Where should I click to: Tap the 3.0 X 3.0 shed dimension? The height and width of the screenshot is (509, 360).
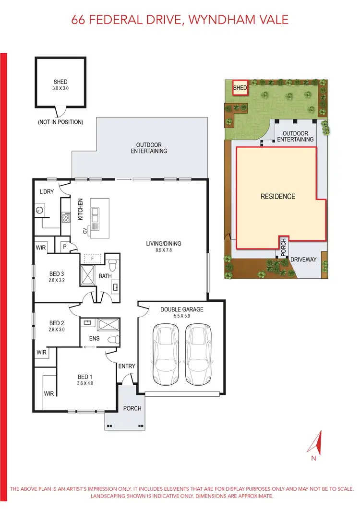[60, 89]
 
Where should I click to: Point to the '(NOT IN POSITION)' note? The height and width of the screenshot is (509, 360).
[60, 122]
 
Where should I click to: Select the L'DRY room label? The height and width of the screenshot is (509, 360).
[47, 192]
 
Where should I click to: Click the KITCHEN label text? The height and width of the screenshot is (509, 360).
[81, 210]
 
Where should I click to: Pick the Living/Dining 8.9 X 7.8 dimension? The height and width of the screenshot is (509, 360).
[164, 250]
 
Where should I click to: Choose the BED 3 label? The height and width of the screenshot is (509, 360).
[56, 274]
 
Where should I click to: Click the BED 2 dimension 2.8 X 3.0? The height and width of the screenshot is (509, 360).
[56, 330]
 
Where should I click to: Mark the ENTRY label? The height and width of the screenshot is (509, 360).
[127, 366]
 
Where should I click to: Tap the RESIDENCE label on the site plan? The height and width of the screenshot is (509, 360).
[278, 196]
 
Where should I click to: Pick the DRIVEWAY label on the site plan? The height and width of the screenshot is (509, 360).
[304, 259]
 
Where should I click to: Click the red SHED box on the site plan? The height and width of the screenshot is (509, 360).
[240, 88]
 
